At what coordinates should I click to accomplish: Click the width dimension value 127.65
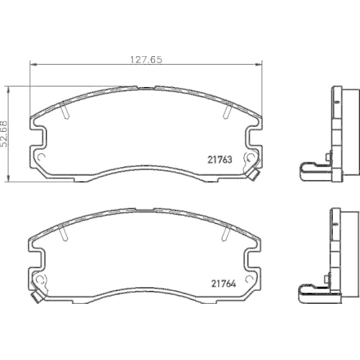click(x=146, y=60)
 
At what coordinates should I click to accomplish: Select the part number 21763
click(x=220, y=160)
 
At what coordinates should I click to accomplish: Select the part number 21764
click(x=223, y=284)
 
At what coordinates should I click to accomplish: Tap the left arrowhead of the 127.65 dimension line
click(x=34, y=64)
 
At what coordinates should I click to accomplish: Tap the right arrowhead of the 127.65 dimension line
click(x=258, y=64)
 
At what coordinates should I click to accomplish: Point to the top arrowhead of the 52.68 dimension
click(x=9, y=90)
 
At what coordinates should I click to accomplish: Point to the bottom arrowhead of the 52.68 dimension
click(x=9, y=178)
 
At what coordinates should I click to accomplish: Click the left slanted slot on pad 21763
click(x=65, y=109)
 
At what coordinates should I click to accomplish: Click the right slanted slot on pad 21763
click(x=228, y=109)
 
